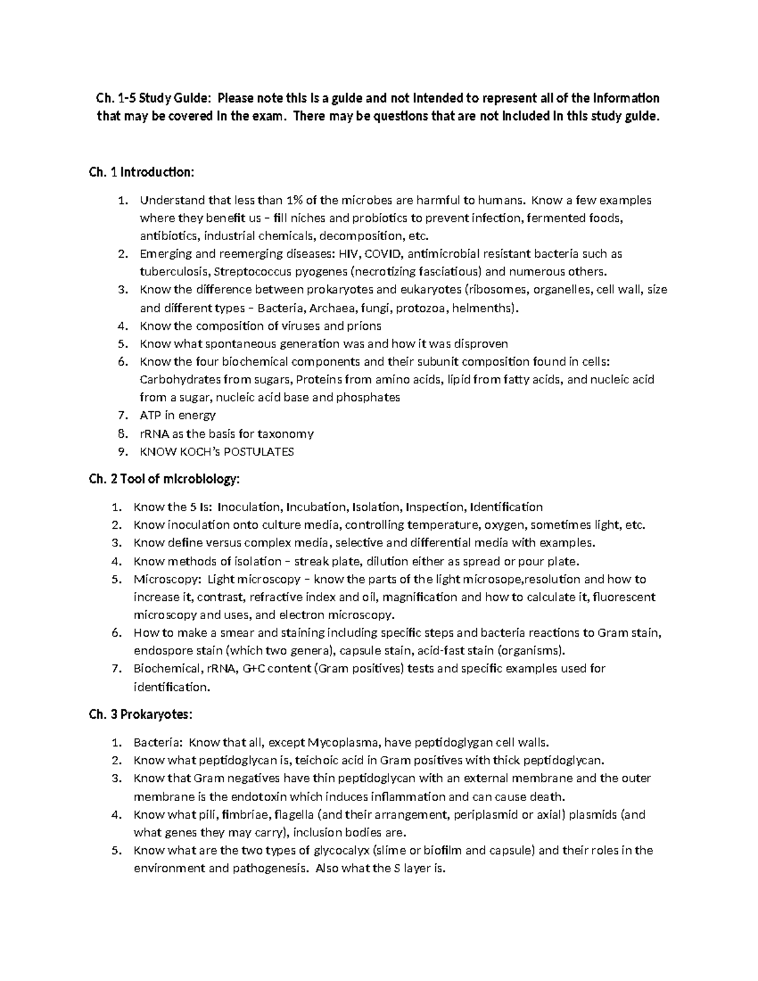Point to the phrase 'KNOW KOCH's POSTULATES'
pyautogui.click(x=217, y=452)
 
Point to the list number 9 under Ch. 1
pyautogui.click(x=123, y=452)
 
